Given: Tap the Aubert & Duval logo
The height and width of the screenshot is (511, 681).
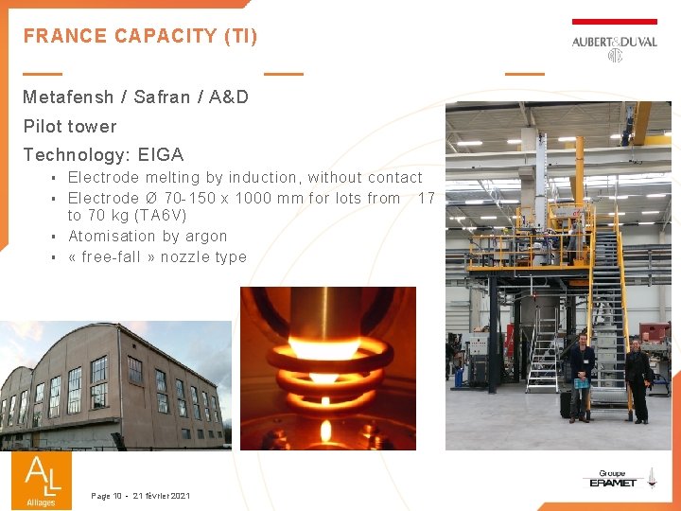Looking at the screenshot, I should click(x=614, y=48).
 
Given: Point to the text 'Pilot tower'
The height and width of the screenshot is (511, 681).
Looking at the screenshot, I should click(x=70, y=126).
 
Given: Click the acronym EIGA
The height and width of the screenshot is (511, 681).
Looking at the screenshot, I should click(x=161, y=154).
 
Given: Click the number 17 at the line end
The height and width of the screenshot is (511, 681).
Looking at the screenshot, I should click(x=426, y=198).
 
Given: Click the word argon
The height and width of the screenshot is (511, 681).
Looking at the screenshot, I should click(x=206, y=236).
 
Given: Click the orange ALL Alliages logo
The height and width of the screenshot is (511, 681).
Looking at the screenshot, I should click(x=42, y=481).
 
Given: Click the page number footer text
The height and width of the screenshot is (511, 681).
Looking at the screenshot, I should click(x=141, y=496).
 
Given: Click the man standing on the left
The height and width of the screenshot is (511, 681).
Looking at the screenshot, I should click(x=581, y=374).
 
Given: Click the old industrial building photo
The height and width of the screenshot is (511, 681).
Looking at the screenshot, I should click(x=115, y=384).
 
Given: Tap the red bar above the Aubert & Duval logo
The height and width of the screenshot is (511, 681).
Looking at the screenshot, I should click(x=614, y=21).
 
